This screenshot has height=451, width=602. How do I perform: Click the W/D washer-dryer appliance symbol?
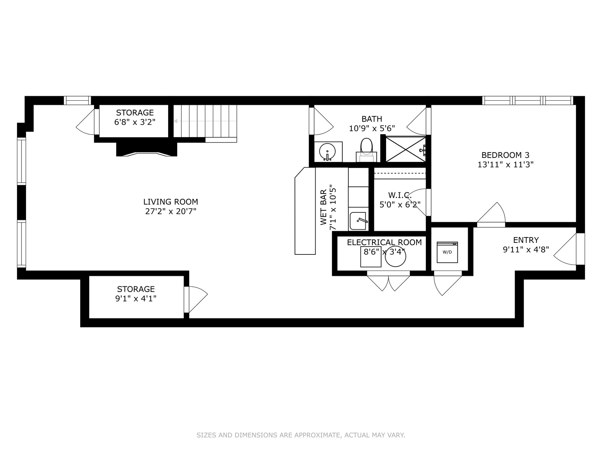tap(447, 252)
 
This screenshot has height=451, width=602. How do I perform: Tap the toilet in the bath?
tap(366, 150)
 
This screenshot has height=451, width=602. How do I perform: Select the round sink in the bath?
tap(327, 152)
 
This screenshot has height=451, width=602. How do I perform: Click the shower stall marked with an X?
tap(406, 149)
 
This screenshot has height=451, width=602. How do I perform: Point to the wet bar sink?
tap(358, 221)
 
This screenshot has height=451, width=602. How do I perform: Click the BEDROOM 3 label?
tap(505, 155)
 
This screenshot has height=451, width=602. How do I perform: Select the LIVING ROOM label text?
tap(170, 202)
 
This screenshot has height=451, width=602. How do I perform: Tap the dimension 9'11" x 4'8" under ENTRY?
tap(526, 250)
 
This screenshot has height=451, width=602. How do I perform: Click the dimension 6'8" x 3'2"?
tap(135, 122)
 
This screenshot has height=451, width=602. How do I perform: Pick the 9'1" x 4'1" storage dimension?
tap(136, 298)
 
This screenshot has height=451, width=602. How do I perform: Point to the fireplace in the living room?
tap(147, 149)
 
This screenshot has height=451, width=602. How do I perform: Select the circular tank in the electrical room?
tap(395, 257)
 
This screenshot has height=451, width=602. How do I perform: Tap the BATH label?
tap(372, 119)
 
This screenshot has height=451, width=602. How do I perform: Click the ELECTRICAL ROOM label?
tap(384, 242)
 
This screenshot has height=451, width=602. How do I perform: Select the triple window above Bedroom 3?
tap(528, 100)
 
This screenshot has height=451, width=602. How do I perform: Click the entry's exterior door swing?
tap(565, 249)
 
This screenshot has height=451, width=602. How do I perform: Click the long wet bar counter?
tap(305, 211)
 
